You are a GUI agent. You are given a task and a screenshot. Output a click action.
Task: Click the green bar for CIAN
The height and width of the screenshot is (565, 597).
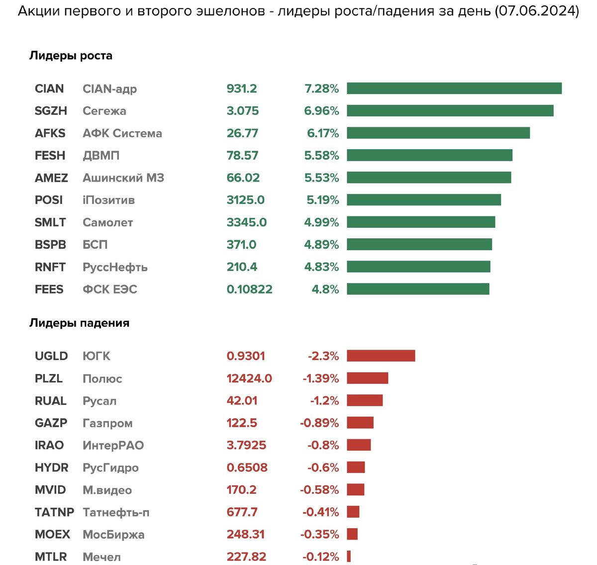pos(454,89)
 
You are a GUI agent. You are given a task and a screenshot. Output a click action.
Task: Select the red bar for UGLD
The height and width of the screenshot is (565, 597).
pos(381,356)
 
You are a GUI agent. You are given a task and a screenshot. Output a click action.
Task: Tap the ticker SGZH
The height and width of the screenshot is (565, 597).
pos(51,111)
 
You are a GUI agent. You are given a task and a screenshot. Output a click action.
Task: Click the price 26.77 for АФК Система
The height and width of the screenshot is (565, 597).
pos(242,133)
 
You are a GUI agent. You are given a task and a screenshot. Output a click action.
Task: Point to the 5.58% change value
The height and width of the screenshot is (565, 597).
pos(321,156)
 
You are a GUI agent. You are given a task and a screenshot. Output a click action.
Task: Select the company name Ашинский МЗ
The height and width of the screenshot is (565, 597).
pos(123,178)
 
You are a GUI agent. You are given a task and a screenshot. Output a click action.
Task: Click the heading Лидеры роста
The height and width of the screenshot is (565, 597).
pos(71,56)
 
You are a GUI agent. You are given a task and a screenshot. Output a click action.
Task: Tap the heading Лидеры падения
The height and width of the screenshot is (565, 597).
pos(79,323)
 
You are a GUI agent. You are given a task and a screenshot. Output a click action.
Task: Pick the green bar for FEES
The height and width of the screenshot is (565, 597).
pos(418,289)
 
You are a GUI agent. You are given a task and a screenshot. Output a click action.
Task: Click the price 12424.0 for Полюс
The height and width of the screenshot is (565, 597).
pos(249,378)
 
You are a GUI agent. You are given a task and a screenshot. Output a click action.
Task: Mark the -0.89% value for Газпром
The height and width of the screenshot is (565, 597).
pos(319,423)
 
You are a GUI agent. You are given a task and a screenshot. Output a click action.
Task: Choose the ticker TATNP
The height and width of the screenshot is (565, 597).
pos(54,512)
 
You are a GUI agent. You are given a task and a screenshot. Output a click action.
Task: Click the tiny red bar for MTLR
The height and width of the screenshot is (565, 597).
pos(349,557)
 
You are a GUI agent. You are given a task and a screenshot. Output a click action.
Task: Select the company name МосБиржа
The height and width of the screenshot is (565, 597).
pos(113,535)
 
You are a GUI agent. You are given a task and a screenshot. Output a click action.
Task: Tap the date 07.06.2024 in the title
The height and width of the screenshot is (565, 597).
pos(536,11)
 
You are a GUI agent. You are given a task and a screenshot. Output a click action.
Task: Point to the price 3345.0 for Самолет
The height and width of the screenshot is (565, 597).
pos(246,222)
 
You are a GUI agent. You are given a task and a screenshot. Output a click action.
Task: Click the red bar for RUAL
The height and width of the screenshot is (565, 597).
pos(365,400)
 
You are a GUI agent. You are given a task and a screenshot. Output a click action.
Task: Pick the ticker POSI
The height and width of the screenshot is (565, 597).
pos(49,200)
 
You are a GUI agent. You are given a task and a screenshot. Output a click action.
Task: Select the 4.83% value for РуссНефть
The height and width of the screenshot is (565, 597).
pos(321,267)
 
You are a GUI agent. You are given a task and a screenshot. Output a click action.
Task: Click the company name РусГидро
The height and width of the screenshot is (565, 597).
pos(110,468)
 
